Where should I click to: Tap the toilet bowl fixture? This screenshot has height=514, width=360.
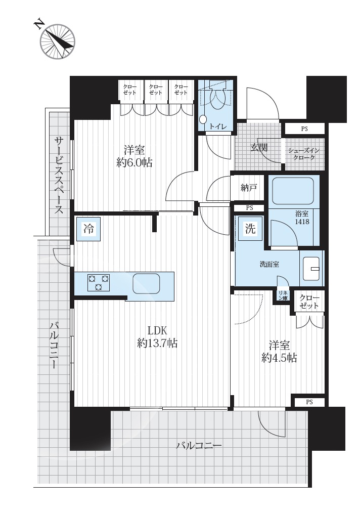[216, 98]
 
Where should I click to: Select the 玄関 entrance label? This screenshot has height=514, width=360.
[259, 148]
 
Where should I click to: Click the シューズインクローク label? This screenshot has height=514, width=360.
[304, 154]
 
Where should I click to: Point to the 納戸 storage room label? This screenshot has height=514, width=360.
[249, 188]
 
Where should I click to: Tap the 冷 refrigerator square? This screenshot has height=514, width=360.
[88, 229]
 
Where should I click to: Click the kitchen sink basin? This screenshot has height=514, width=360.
[146, 283]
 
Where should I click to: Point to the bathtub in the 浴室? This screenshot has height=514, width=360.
[293, 191]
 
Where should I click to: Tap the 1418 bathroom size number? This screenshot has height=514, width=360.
[302, 222]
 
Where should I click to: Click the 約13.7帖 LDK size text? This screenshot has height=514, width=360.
[158, 343]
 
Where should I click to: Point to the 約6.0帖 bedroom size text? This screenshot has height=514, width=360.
[134, 162]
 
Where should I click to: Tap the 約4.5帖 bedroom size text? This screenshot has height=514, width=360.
[279, 358]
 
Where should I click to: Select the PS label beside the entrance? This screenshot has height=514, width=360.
[304, 129]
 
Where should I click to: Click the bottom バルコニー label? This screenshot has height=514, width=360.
[199, 446]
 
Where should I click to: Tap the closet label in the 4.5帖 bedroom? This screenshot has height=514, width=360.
[309, 302]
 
